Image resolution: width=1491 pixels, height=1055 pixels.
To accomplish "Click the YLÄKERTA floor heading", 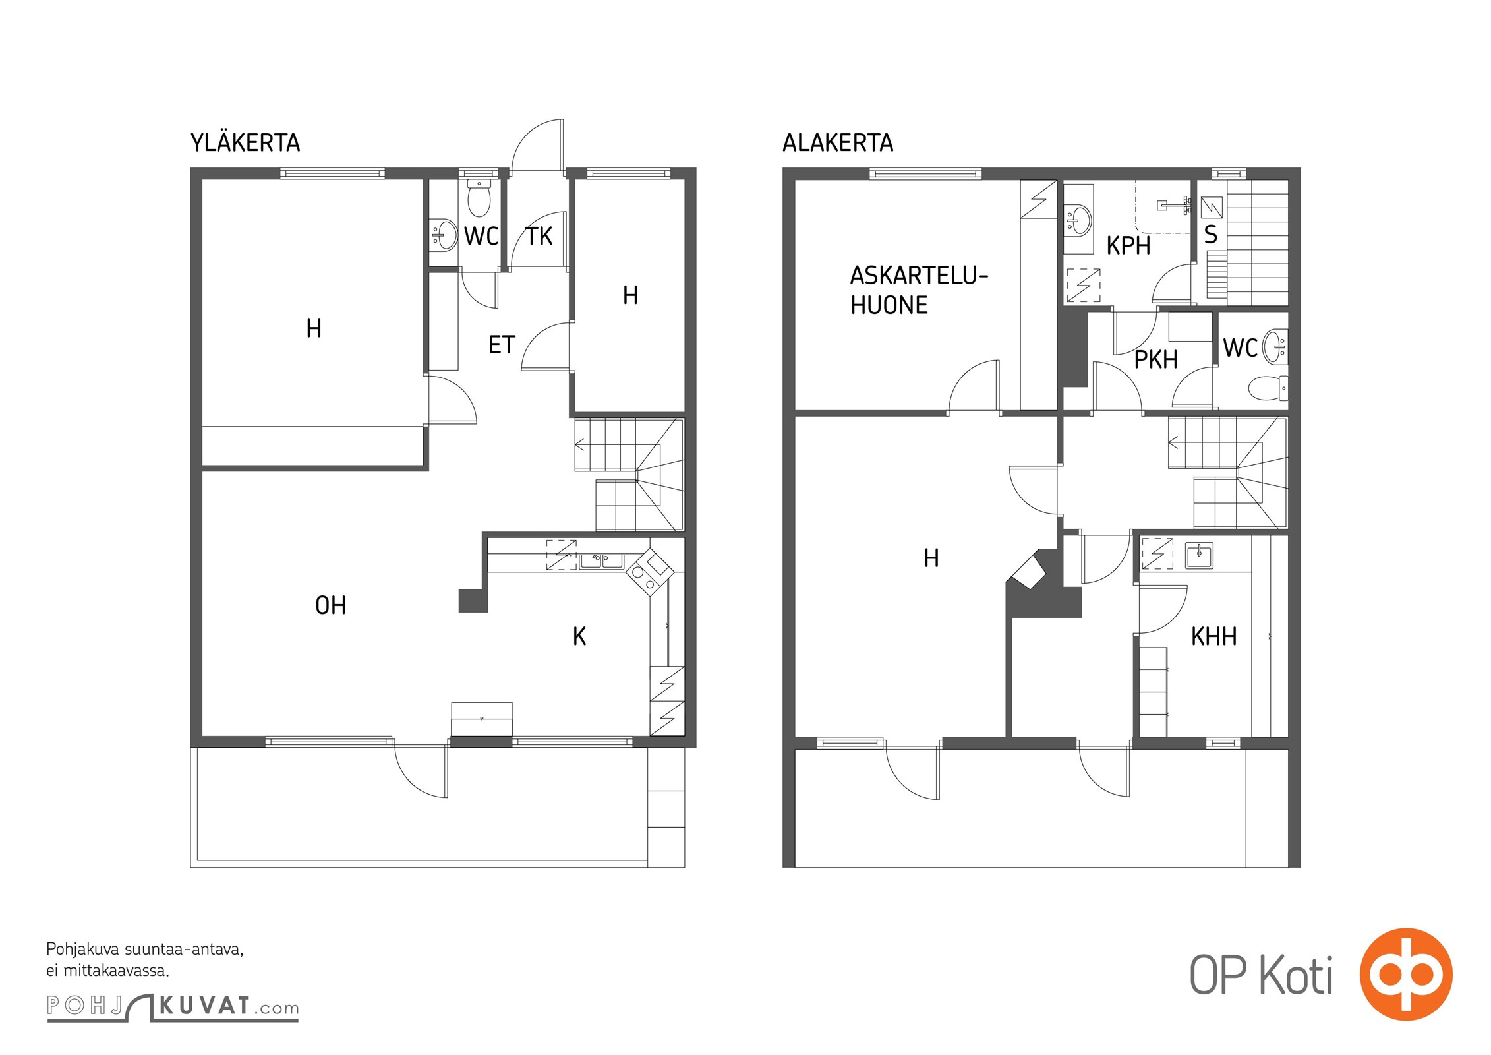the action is (x=245, y=142).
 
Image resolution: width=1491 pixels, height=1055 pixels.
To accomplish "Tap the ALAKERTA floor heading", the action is (x=838, y=142).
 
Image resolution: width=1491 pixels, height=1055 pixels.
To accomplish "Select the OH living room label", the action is (x=330, y=605).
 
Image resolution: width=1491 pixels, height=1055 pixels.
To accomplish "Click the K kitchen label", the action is (x=579, y=636).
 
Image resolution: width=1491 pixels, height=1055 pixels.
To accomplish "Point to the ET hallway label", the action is (x=502, y=345).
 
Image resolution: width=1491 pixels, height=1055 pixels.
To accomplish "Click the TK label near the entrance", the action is (x=539, y=237).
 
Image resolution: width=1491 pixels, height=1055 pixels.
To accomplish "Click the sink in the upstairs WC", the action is (x=444, y=234).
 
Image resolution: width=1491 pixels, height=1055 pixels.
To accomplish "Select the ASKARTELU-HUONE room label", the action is (x=919, y=290).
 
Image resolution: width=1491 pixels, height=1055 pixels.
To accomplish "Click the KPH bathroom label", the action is (x=1128, y=246).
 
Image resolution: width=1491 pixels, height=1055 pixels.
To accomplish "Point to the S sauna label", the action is (x=1211, y=235).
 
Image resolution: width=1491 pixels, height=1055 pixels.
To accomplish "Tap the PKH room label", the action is (x=1155, y=360).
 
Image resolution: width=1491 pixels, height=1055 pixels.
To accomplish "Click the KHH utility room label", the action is (x=1213, y=636).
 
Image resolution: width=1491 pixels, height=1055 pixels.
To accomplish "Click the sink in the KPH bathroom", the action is (x=1078, y=220).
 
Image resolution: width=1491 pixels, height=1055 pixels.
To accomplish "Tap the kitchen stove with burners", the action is (x=649, y=571).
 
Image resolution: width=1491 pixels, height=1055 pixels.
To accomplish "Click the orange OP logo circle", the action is (x=1406, y=975).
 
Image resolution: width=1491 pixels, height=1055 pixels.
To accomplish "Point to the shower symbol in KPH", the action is (x=1173, y=206).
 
